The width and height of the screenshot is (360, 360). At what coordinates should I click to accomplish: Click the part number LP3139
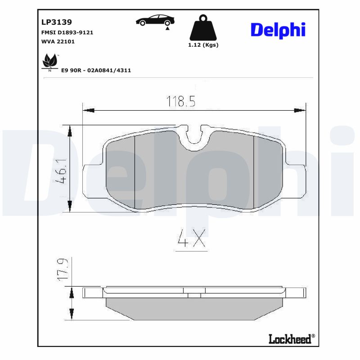[57, 22]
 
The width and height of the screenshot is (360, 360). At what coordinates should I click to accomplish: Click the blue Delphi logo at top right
[278, 30]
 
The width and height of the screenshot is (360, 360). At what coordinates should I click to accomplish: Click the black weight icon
[203, 28]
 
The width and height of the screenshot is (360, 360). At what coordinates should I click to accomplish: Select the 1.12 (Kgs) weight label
[203, 45]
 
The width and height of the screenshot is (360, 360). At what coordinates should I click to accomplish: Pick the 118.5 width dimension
[181, 101]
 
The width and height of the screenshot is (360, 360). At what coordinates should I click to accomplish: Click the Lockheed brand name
[289, 339]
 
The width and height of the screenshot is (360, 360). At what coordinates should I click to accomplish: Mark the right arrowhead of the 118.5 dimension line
[301, 110]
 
